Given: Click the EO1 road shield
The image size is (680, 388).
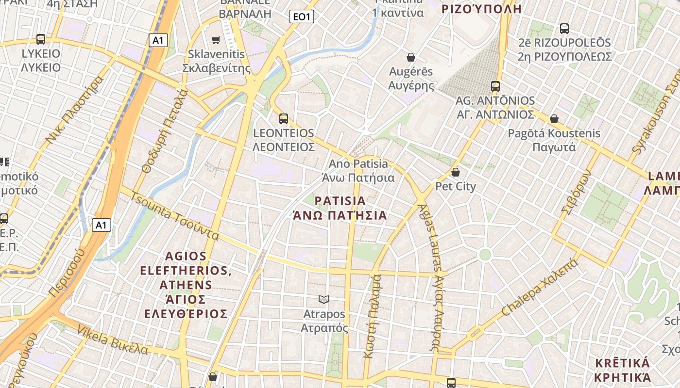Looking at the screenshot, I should [x=302, y=17].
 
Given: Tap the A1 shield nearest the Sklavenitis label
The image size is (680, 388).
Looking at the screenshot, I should [x=158, y=40].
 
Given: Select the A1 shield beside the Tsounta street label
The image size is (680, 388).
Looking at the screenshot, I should [x=101, y=225].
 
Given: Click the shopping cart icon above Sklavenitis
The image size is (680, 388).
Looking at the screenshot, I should [x=216, y=40].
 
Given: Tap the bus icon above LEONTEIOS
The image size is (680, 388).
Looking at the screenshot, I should [x=284, y=118].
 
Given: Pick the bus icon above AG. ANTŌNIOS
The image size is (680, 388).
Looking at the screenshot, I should [x=495, y=86].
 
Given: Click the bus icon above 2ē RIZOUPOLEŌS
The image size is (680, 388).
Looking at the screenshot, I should [x=564, y=29].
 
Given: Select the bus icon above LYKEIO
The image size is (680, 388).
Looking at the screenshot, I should [x=41, y=39].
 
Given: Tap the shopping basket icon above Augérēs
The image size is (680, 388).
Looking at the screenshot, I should [x=411, y=57].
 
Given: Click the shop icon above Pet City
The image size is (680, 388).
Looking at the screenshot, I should [x=456, y=172].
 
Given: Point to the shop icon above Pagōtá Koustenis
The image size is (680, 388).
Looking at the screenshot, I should [x=554, y=119].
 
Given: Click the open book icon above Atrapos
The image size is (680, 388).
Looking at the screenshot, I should [x=324, y=300].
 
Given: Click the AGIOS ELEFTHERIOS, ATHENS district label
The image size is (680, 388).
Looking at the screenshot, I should [x=186, y=284].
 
